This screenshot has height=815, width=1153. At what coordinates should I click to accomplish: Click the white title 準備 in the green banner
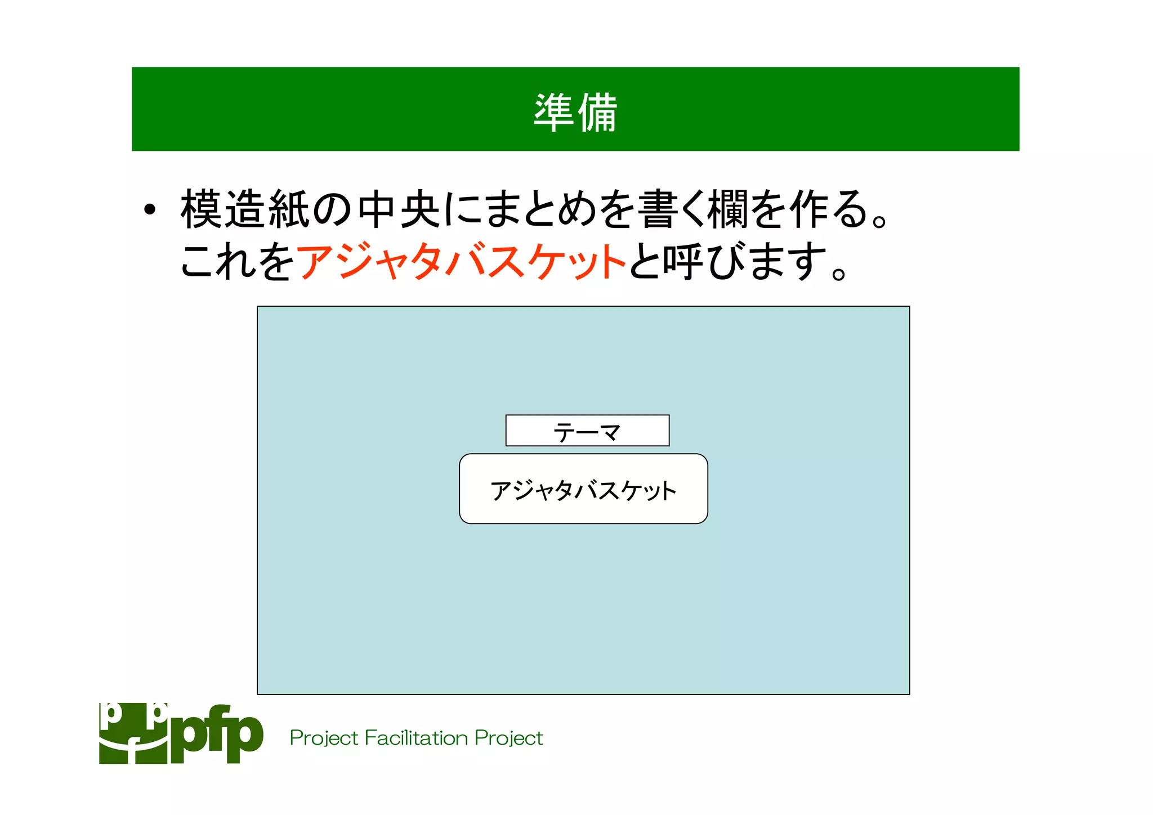coord(575,112)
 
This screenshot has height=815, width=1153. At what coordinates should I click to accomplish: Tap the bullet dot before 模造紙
coord(149,210)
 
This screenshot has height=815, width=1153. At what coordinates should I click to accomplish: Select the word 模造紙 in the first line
coord(245,209)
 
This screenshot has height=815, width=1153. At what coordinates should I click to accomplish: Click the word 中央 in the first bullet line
coord(399,209)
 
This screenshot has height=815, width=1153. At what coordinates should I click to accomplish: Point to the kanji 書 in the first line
coord(657,209)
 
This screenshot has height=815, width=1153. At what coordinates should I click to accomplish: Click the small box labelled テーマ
coord(587,431)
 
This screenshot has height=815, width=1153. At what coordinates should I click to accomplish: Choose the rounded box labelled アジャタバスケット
coord(583,489)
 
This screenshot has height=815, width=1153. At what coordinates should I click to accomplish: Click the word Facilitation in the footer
coord(416,738)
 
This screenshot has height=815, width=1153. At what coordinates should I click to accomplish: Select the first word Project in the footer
coord(324,738)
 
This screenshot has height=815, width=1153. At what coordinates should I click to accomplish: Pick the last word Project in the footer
coord(508,738)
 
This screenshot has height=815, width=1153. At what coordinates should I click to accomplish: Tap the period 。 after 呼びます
coord(838,274)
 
